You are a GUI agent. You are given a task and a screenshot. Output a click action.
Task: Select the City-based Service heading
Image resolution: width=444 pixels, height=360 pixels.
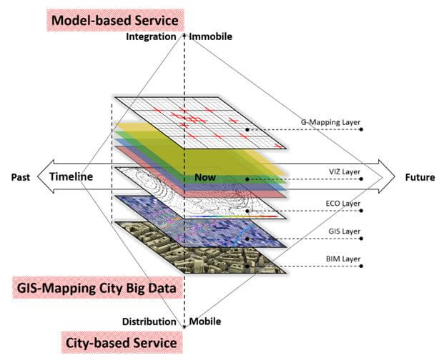coord(119,342)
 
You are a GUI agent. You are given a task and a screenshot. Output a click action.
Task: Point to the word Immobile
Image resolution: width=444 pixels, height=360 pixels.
coord(212,36)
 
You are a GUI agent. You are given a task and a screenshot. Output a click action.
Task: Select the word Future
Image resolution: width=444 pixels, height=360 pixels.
coord(419,177)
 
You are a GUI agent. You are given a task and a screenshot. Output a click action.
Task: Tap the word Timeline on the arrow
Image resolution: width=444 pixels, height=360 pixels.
coord(71,177)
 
